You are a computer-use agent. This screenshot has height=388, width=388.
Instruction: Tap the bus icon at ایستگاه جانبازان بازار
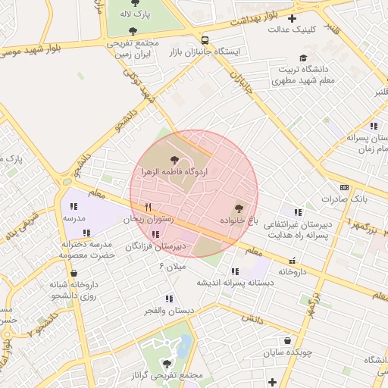tap(205, 40)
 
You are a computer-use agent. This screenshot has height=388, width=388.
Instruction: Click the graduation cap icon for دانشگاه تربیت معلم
tap(304, 58)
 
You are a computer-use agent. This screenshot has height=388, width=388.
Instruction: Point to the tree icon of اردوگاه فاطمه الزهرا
tap(175, 160)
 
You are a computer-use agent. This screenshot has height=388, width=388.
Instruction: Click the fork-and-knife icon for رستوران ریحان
tap(149, 207)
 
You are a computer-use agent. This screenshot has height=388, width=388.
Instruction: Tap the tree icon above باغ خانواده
tap(239, 207)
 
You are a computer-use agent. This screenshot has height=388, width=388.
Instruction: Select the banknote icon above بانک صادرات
tap(344, 187)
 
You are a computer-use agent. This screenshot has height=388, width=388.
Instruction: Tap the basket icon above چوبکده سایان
tap(287, 341)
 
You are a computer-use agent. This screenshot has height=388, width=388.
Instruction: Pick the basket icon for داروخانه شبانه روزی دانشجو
tap(74, 274)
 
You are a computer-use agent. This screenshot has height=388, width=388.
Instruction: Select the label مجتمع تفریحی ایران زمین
tap(133, 49)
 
